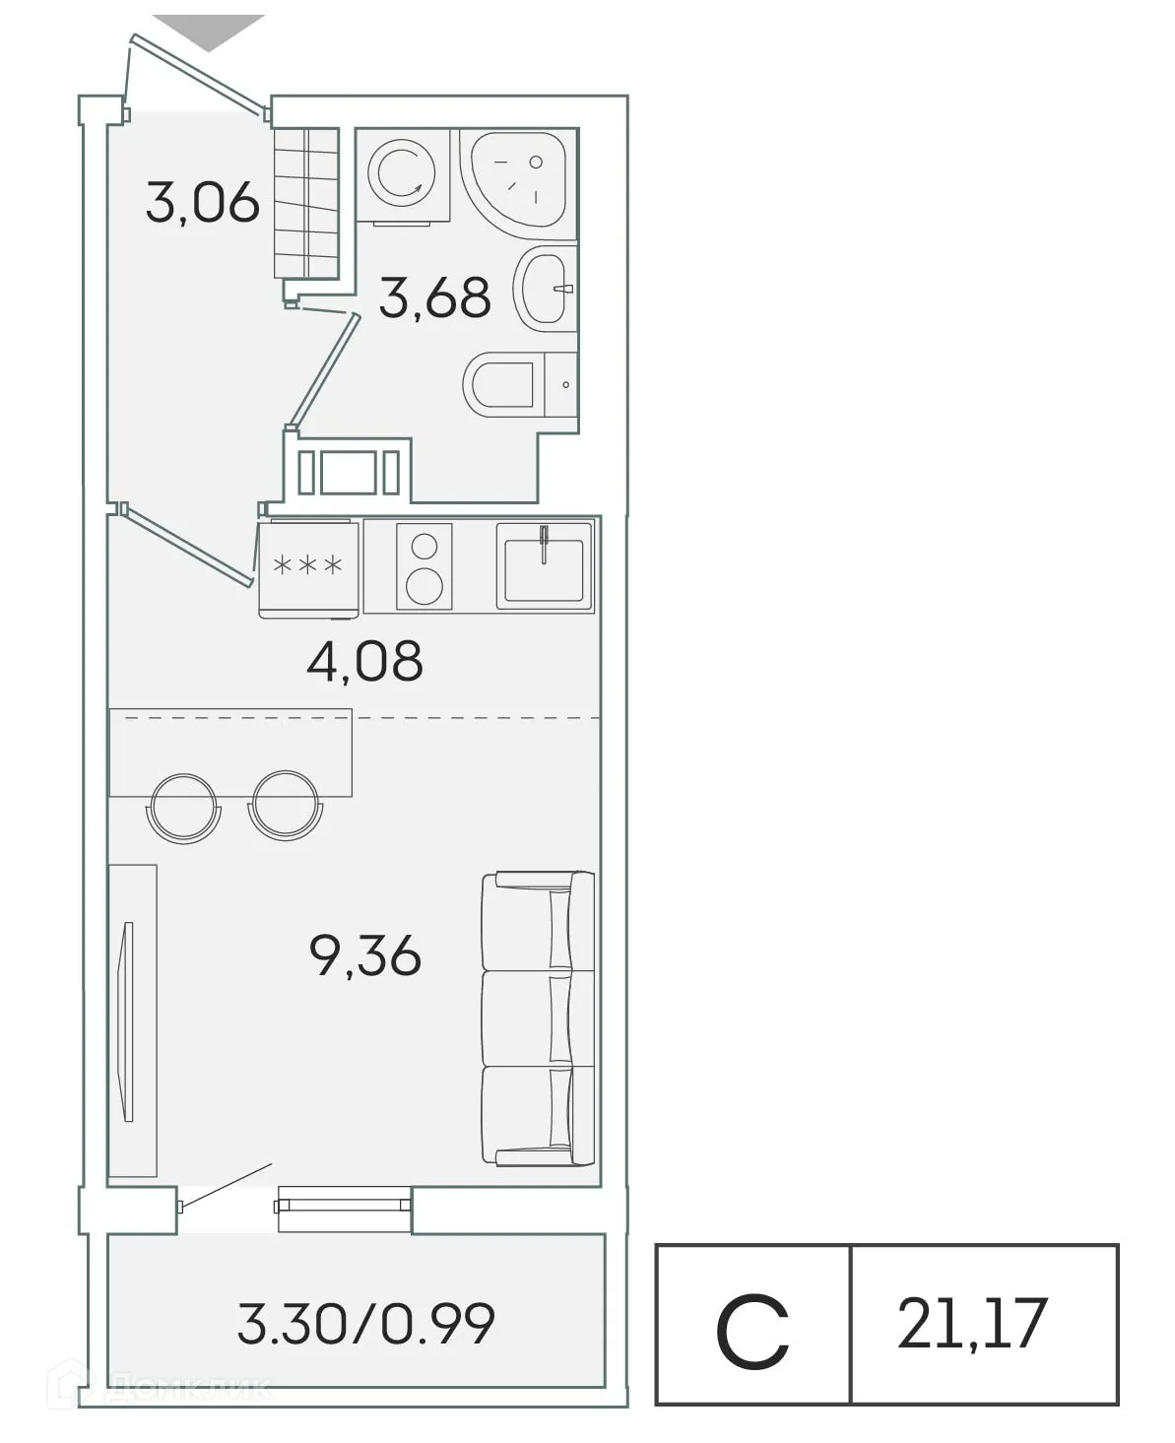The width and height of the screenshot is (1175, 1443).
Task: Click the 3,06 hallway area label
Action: tap(203, 204)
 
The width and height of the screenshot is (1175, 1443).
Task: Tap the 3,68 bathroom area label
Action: tap(434, 296)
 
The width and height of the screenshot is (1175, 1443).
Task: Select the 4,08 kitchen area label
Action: tap(364, 661)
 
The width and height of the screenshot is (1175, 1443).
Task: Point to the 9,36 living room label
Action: tap(364, 954)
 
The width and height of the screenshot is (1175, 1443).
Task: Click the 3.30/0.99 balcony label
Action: tap(365, 1323)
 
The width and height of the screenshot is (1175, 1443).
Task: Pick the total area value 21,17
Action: tap(971, 1324)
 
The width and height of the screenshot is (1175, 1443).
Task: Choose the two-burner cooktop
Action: tap(424, 565)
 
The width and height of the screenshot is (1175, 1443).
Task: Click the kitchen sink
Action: tap(544, 564)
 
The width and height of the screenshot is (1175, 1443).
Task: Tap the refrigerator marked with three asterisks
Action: tap(308, 567)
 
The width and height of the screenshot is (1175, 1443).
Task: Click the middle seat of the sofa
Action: tap(537, 1018)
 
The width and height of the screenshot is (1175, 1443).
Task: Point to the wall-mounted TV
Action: tap(126, 1019)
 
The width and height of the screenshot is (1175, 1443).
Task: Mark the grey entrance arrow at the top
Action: tap(209, 31)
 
